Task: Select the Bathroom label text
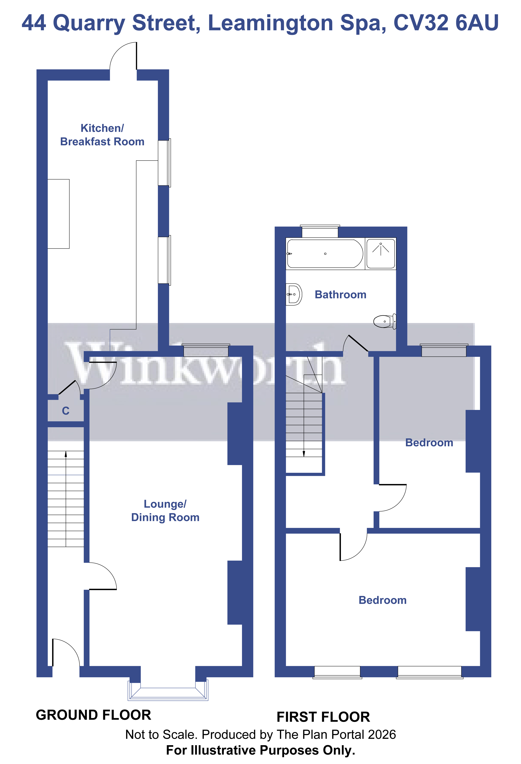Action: coord(340,295)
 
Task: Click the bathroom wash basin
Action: coord(293,294)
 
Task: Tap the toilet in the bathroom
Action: coord(385,321)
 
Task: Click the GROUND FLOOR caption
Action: coord(93,715)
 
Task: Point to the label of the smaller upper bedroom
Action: coord(429,442)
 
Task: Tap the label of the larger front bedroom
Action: coord(382,600)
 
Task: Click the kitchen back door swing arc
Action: coord(118,53)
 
